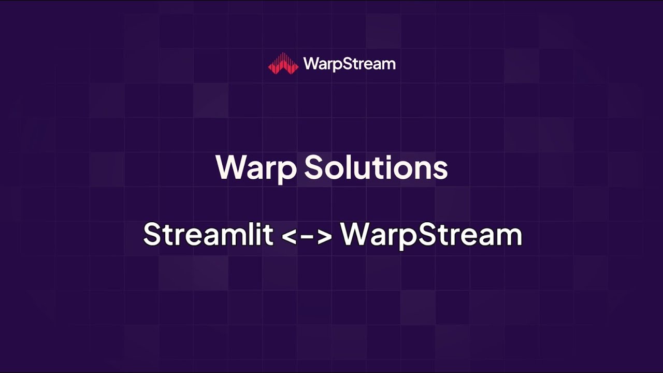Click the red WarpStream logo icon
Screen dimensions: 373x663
[283, 64]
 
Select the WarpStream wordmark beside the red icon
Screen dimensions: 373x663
[350, 64]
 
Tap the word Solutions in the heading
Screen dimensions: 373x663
[376, 168]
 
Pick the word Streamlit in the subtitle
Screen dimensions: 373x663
[208, 234]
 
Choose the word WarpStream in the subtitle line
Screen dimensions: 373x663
[431, 234]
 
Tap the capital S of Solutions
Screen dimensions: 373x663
[313, 167]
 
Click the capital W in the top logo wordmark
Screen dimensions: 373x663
[311, 64]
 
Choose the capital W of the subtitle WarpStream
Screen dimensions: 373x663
[353, 234]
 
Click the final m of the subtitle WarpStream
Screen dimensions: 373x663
[510, 236]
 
